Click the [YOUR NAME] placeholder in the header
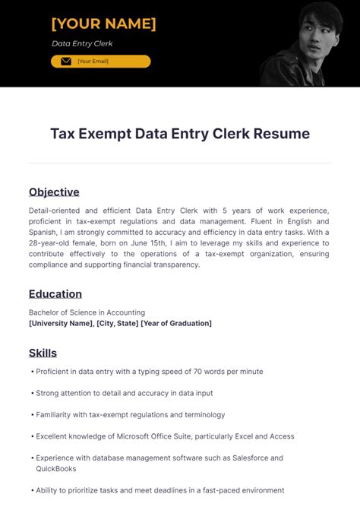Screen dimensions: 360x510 (x=103, y=24)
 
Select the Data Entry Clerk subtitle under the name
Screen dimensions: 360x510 (x=81, y=43)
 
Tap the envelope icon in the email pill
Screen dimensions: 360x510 (x=65, y=62)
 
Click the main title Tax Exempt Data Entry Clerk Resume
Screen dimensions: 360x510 (x=180, y=134)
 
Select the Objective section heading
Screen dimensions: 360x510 (x=54, y=192)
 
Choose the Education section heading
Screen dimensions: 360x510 (x=55, y=293)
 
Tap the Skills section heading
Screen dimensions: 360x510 (x=43, y=353)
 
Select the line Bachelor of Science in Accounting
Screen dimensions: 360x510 (x=87, y=312)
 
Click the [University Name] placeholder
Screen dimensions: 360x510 (x=61, y=323)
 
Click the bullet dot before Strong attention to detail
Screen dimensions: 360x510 (x=33, y=393)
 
